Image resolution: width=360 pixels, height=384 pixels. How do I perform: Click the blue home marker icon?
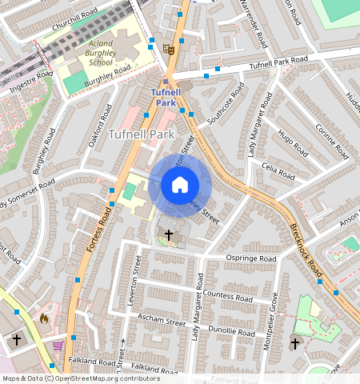coord(180,186)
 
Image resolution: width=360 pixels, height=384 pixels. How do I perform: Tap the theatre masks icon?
coord(169,49)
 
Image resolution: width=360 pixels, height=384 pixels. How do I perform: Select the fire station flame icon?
coord(44,318)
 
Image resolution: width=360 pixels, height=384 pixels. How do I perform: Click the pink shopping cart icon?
coord(58,346)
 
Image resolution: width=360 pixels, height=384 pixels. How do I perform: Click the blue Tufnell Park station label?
coord(165,98)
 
